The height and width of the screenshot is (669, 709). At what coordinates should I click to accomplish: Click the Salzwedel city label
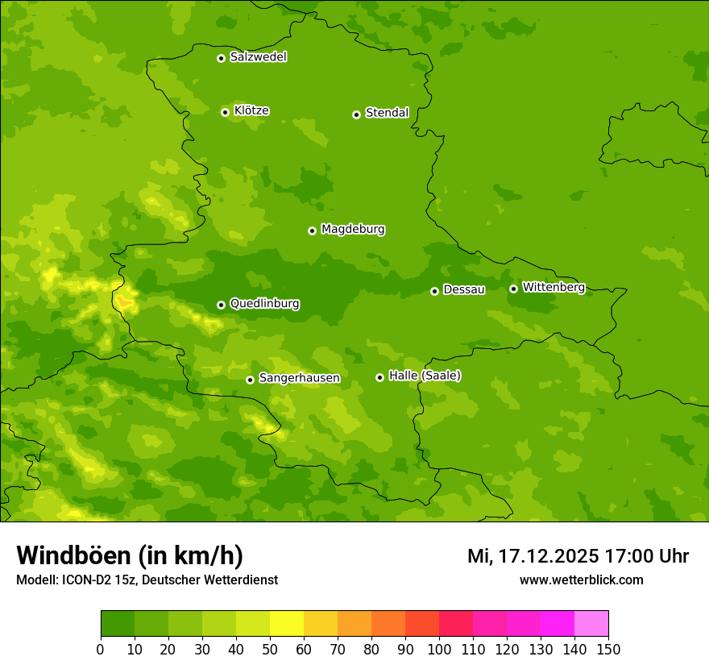click(x=258, y=57)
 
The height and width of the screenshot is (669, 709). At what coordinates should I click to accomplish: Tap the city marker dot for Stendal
click(x=356, y=114)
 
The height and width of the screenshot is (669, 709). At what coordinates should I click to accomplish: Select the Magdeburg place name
click(x=353, y=230)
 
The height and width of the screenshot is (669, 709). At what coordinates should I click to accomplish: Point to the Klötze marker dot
click(x=225, y=112)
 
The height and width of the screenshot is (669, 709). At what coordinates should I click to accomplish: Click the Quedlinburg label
click(x=264, y=304)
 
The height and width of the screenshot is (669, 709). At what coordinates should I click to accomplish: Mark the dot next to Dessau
click(x=434, y=291)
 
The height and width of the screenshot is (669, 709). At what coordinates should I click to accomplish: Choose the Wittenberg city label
click(x=554, y=288)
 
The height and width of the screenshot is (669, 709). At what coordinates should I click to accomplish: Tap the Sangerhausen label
click(x=299, y=378)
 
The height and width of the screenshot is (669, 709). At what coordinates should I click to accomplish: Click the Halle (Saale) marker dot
click(x=379, y=377)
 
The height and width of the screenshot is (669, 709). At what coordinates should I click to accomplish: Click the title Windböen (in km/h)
click(x=130, y=555)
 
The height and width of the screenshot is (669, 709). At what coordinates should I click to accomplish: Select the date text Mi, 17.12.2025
click(x=532, y=556)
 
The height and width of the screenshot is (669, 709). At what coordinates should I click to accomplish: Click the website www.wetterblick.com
click(x=581, y=580)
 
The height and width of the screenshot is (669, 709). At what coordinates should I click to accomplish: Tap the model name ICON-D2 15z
click(x=97, y=580)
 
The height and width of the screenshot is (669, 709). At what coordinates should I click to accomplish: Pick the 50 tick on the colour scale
click(x=270, y=650)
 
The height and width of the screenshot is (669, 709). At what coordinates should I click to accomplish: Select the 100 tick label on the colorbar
click(x=439, y=650)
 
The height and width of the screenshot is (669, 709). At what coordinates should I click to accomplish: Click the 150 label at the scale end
click(x=608, y=650)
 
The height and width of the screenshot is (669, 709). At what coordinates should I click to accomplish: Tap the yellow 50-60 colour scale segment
click(x=287, y=624)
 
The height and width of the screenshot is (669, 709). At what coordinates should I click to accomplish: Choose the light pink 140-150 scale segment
click(x=591, y=624)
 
